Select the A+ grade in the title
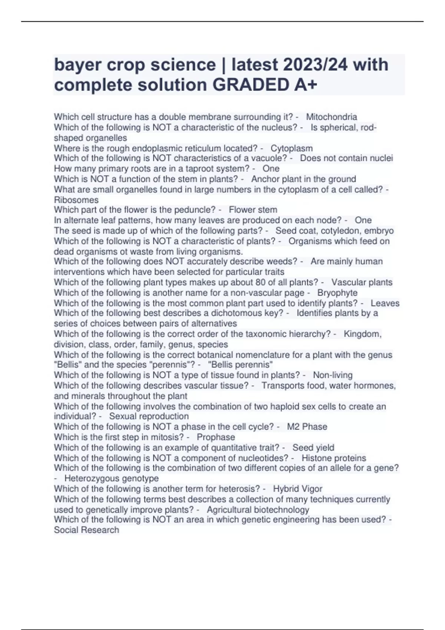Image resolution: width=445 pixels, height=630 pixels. [306, 85]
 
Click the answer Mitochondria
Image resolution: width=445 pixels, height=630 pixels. [332, 117]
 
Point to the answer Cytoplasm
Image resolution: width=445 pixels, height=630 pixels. [291, 148]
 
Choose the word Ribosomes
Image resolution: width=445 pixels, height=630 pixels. [76, 200]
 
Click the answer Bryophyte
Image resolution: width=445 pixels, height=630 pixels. [337, 292]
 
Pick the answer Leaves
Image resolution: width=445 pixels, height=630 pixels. [385, 303]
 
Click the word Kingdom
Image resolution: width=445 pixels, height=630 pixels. [362, 334]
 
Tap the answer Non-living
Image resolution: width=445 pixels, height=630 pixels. [333, 375]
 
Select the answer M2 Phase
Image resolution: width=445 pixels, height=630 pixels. [307, 427]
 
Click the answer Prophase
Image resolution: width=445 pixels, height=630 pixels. [216, 437]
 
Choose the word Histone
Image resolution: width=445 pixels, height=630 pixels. [317, 458]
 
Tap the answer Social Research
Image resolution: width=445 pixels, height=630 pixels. [86, 530]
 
